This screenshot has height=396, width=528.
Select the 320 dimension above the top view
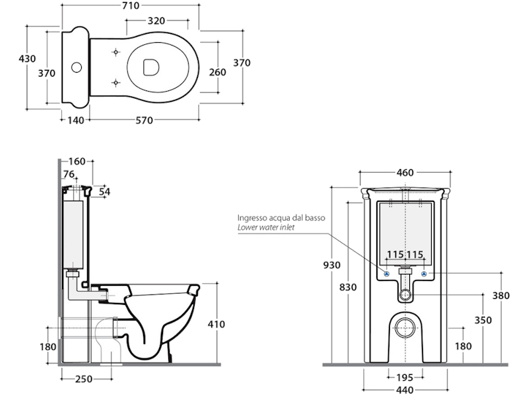coord(156,20)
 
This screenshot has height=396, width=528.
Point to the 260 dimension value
coord(218,71)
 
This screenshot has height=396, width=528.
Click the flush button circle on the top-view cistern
coord(77,67)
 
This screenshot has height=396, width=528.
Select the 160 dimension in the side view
coord(77,162)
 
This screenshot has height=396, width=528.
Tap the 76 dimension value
coord(69,174)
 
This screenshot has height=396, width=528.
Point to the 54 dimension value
coord(104,191)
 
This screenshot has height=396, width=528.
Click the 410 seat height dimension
coord(216,324)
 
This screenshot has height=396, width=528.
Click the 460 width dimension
coord(405,173)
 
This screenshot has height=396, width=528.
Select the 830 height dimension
coord(348,287)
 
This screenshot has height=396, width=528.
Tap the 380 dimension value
coord(501,296)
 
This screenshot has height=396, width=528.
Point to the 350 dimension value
coord(484,320)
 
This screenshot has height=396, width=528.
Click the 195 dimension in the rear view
coord(405,378)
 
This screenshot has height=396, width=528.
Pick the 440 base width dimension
coord(405,390)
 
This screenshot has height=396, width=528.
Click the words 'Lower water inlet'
coord(267,228)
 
